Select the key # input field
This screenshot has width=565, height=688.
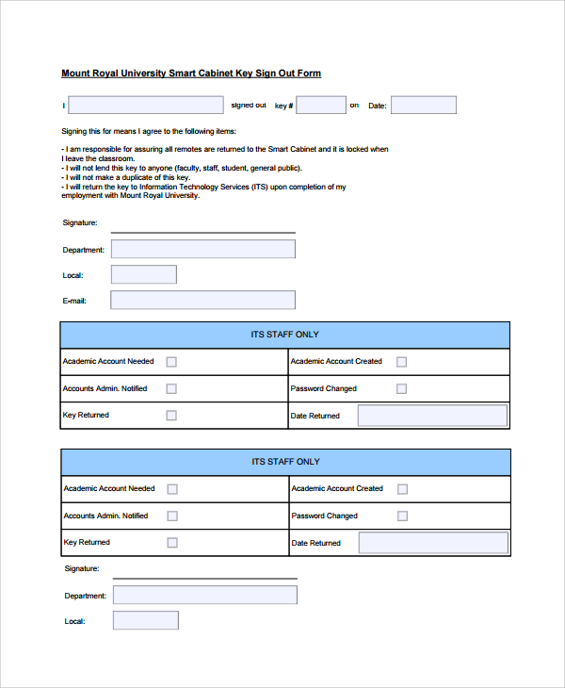point(321,105)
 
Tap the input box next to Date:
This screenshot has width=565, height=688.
point(423,105)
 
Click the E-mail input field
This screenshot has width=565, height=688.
point(202,300)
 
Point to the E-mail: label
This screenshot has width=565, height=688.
point(74,301)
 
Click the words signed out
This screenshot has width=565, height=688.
point(249,105)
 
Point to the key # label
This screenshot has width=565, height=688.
point(284,106)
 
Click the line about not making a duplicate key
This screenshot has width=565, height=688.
point(127,177)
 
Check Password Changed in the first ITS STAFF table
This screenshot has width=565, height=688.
point(401,388)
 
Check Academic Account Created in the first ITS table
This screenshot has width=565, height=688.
point(401,361)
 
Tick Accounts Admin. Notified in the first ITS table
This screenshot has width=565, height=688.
point(171,388)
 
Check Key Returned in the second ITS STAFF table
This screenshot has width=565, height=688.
point(171,542)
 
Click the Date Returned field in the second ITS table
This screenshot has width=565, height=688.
point(433,543)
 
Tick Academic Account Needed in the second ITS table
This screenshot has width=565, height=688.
point(172,488)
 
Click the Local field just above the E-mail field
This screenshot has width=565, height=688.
point(143,274)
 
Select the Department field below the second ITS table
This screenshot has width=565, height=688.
point(204,595)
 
